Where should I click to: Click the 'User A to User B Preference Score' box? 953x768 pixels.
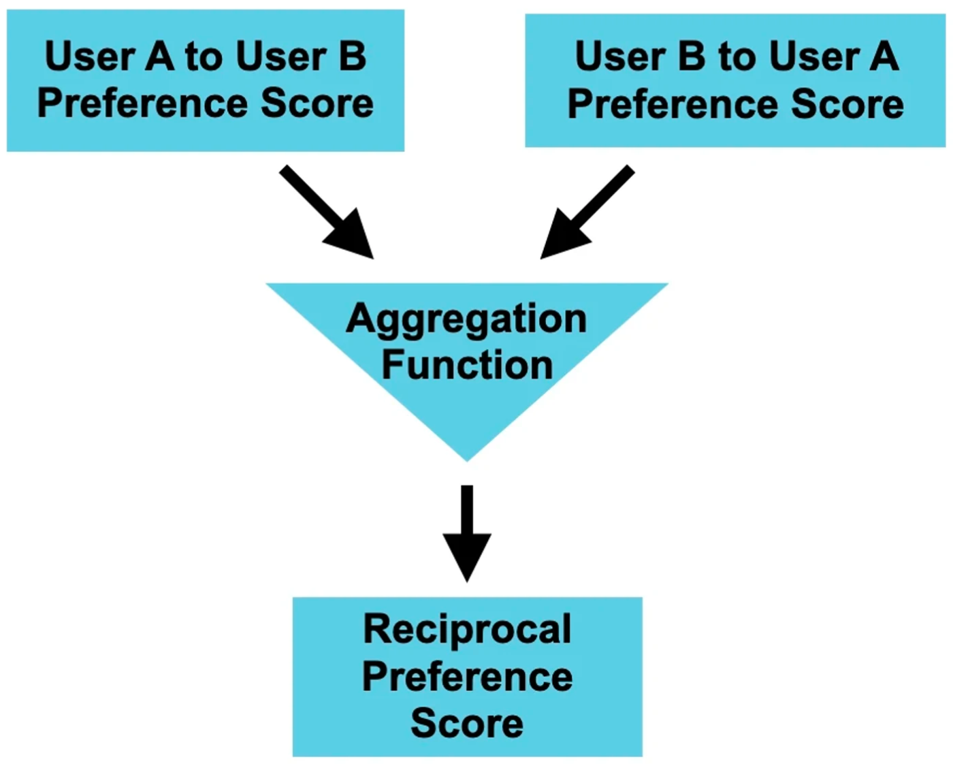tap(206, 80)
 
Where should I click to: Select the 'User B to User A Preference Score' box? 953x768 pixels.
tap(735, 80)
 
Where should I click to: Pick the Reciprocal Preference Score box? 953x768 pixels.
tap(467, 677)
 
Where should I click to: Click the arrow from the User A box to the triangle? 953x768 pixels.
tap(327, 212)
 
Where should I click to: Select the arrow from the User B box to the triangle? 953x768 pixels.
tap(587, 212)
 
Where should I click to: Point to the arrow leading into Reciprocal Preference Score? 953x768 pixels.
tap(467, 534)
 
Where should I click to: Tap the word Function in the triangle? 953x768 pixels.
tap(467, 364)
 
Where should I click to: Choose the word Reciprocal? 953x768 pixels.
tap(467, 630)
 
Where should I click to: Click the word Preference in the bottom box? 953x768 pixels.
tap(467, 678)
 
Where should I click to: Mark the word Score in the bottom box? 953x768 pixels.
tap(467, 724)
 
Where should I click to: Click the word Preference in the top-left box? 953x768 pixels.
tap(142, 103)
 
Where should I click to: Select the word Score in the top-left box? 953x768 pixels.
tap(317, 103)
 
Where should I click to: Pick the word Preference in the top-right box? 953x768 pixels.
tap(673, 105)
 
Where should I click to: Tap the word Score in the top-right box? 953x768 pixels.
tap(847, 105)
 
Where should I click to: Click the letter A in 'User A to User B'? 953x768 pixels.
tap(159, 57)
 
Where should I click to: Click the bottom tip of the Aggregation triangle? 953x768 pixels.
tap(467, 462)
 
